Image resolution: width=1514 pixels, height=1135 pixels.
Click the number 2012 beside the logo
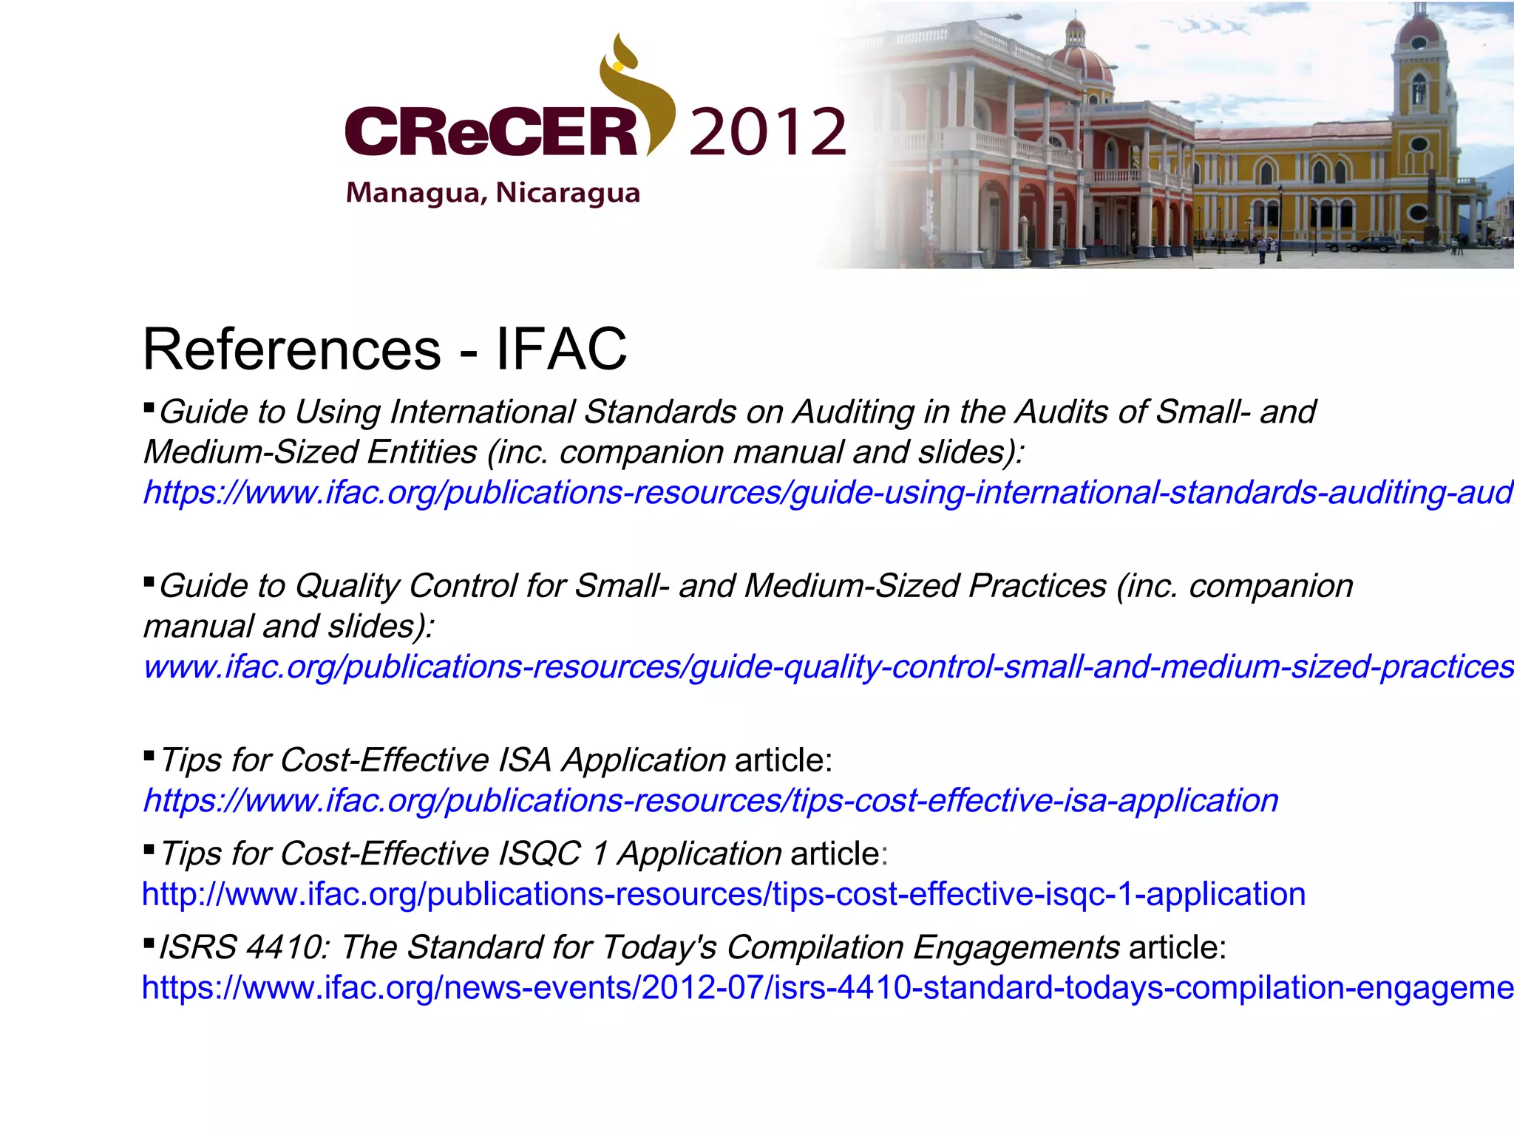[x=767, y=132]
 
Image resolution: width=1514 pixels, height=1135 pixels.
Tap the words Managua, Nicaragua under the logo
[x=493, y=193]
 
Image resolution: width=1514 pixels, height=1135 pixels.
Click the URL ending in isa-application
[x=710, y=800]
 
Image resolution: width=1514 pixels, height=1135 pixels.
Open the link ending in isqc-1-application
[x=724, y=894]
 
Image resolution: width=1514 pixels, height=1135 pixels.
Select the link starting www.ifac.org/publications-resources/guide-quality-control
[x=828, y=667]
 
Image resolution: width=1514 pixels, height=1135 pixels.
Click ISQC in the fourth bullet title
[x=540, y=854]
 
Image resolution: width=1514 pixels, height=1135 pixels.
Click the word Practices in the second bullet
[x=1037, y=586]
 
